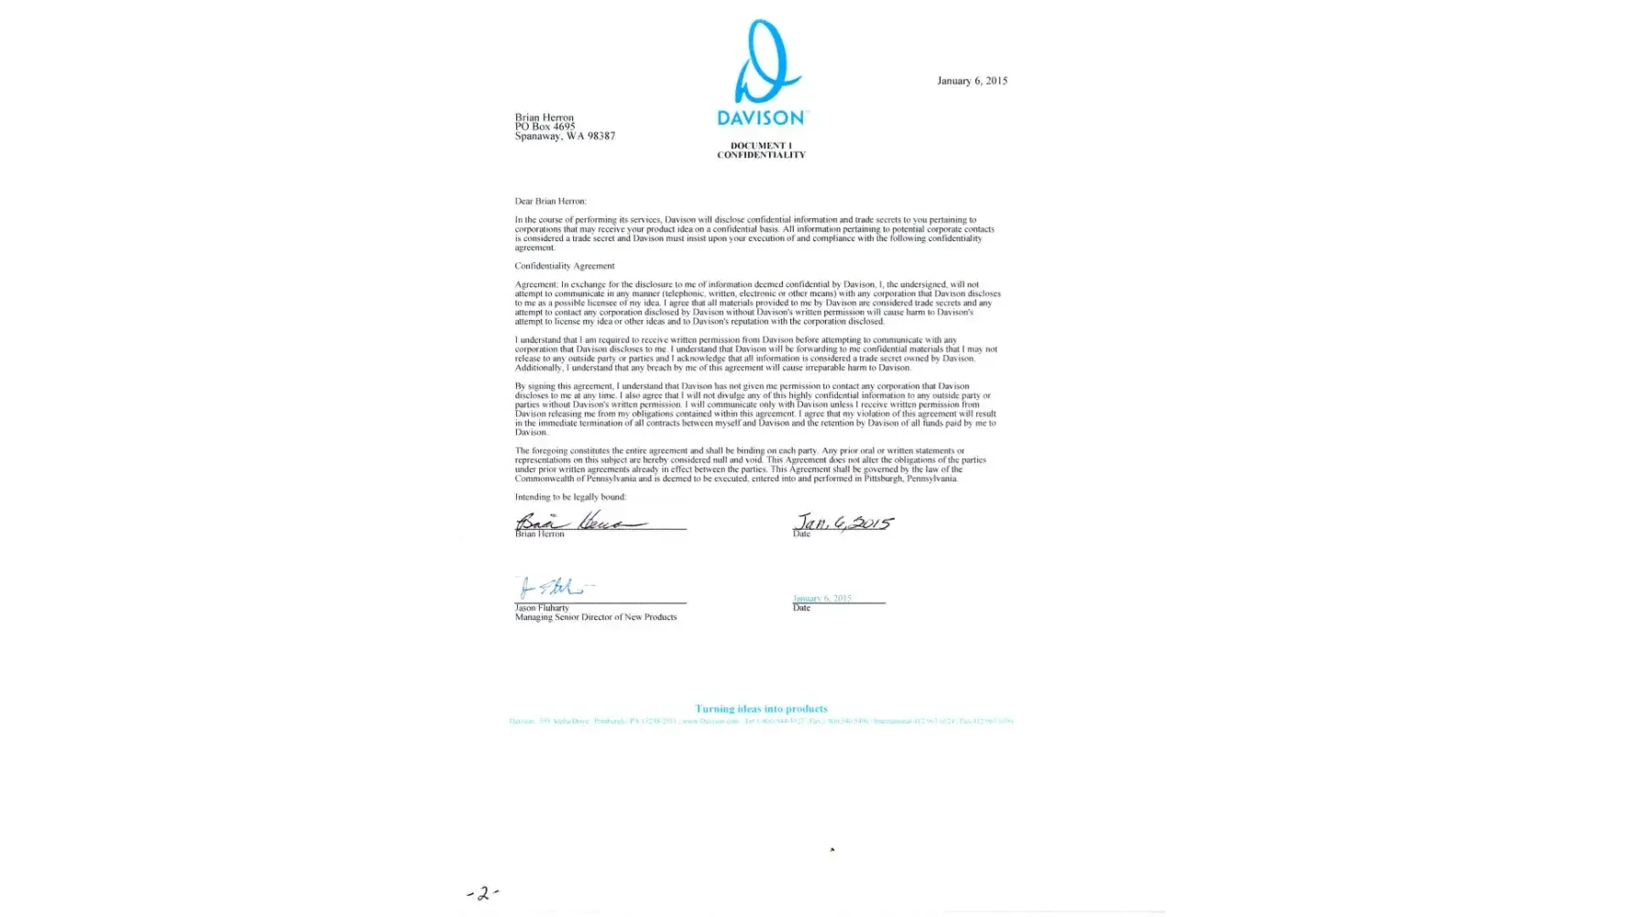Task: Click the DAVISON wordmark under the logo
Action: (760, 117)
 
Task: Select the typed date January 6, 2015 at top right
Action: (972, 81)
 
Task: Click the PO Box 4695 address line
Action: (545, 127)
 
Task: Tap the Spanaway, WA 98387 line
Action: (565, 136)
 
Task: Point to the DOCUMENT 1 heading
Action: (761, 146)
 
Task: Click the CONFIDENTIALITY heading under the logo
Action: (761, 155)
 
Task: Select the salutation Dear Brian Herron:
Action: (550, 201)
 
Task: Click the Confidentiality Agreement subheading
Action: (565, 266)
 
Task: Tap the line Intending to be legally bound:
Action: (570, 497)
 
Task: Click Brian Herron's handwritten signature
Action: (578, 522)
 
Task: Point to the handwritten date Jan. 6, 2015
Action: (843, 523)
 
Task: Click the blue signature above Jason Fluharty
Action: (554, 587)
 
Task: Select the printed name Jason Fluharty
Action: (542, 608)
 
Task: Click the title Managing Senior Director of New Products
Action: (596, 617)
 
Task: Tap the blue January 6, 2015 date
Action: (822, 598)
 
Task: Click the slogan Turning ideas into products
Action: (761, 709)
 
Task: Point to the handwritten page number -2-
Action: (482, 892)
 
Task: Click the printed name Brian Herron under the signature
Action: (540, 534)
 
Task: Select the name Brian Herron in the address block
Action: (545, 117)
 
